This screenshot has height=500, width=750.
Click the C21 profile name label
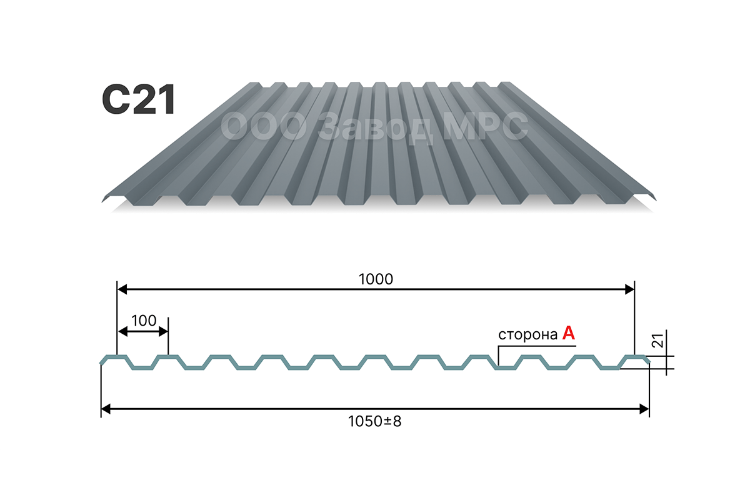click(139, 99)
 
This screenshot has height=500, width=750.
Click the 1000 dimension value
click(376, 279)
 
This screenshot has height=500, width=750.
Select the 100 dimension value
click(144, 321)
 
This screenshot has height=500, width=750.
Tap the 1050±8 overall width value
click(374, 421)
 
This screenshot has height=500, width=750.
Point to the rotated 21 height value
click(658, 341)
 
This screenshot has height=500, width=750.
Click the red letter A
click(569, 333)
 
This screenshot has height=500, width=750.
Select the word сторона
click(527, 335)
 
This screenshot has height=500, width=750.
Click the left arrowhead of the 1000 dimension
click(122, 289)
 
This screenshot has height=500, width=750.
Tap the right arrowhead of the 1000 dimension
click(629, 289)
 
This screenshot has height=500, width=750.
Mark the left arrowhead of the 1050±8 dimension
click(106, 409)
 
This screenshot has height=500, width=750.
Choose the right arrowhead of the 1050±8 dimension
click(644, 409)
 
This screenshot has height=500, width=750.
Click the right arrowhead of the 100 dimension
click(163, 332)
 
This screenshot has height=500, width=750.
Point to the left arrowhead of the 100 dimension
click(123, 332)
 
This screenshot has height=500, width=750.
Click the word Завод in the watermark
click(375, 127)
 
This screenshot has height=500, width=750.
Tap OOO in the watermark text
click(264, 126)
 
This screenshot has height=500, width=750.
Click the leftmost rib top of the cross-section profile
click(116, 356)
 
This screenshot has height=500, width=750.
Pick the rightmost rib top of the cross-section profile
click(635, 356)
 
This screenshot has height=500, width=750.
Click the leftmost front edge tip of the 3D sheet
click(102, 201)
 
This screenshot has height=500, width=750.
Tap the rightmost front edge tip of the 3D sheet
click(656, 199)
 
